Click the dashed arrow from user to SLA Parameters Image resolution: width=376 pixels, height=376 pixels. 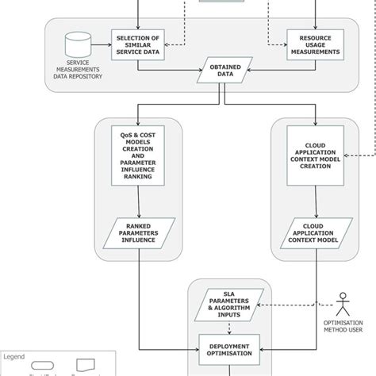click(x=301, y=305)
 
